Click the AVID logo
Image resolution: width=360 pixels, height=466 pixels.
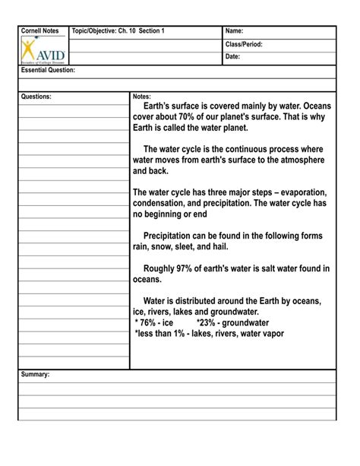click(x=43, y=52)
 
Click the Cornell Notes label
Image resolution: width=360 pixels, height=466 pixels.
click(x=39, y=31)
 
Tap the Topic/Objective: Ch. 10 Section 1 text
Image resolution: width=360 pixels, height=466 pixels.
click(x=118, y=31)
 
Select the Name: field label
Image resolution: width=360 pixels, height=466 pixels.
click(x=235, y=31)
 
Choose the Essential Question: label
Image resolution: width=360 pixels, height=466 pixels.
click(x=49, y=70)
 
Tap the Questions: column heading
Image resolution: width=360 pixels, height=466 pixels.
click(x=36, y=97)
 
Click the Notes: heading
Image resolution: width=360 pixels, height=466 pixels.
click(x=142, y=97)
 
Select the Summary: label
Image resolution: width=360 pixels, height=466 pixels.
click(x=36, y=375)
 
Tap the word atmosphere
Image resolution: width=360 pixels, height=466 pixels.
click(x=297, y=160)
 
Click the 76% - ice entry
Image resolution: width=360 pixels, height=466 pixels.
click(x=154, y=322)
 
